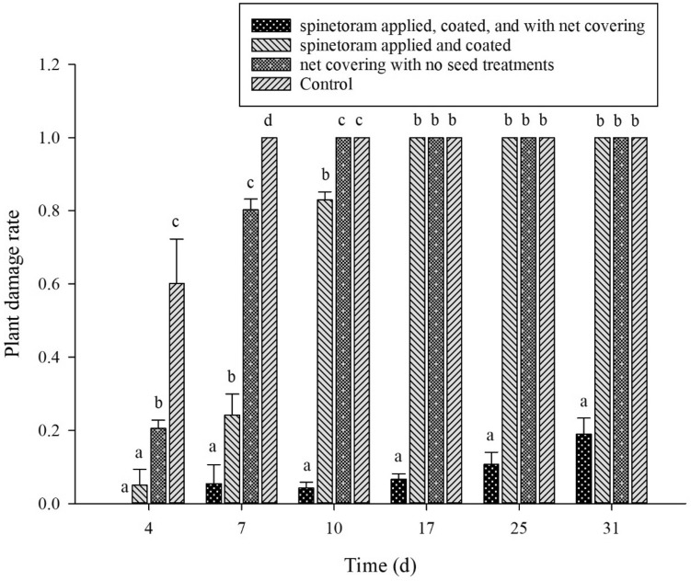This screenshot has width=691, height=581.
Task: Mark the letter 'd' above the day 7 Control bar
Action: pos(269,121)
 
